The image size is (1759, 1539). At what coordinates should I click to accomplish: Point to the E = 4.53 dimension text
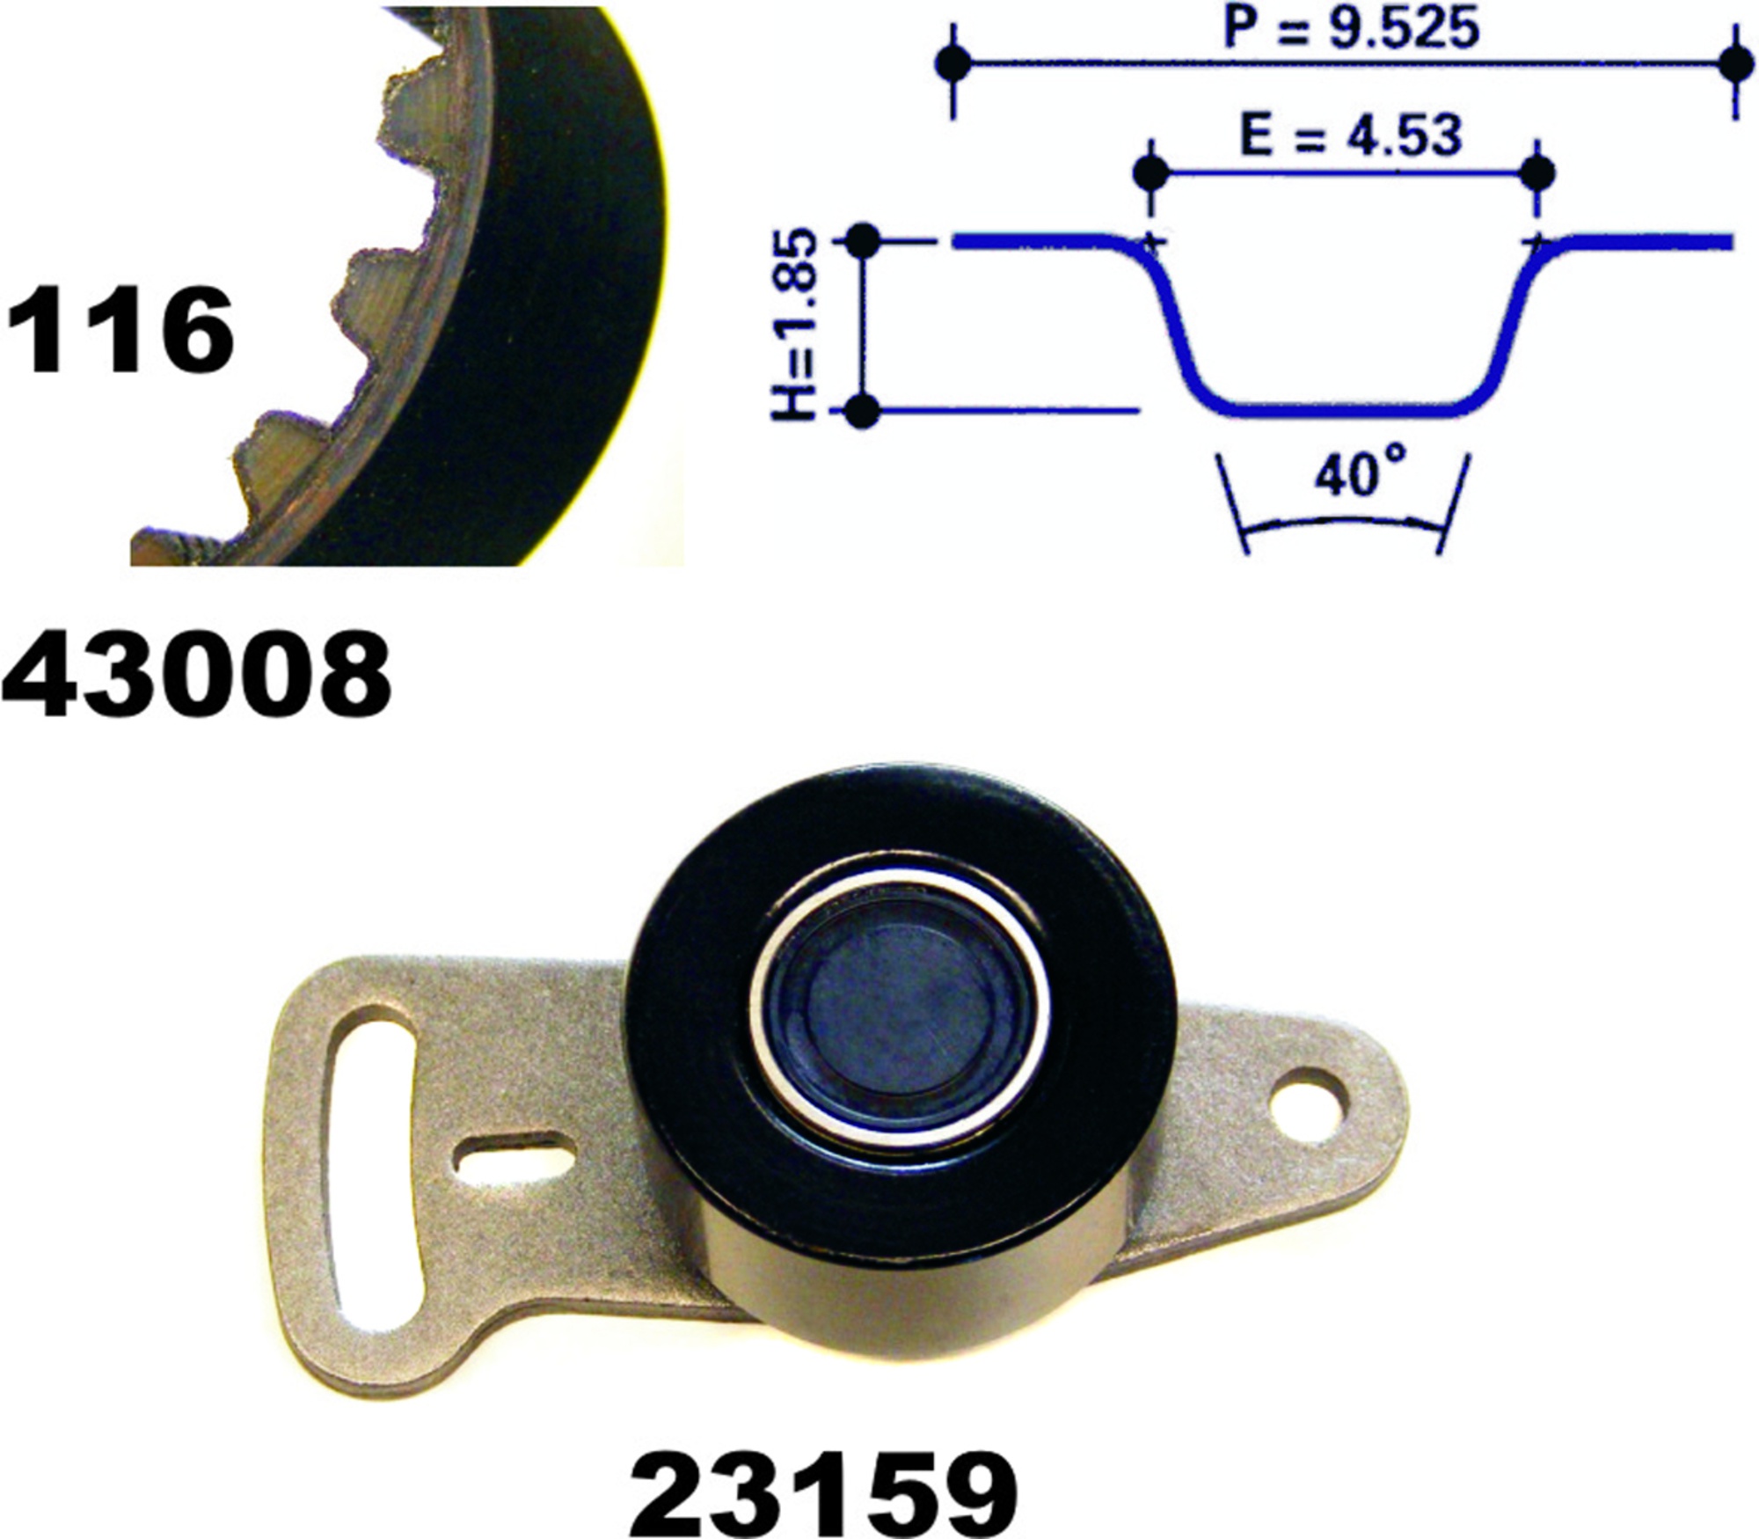[x=1350, y=136]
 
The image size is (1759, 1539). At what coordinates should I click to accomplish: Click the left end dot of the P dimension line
[x=953, y=63]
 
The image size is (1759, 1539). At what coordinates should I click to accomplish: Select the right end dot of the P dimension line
[x=1735, y=63]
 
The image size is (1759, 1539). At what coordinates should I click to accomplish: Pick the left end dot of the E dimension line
[x=1151, y=173]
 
